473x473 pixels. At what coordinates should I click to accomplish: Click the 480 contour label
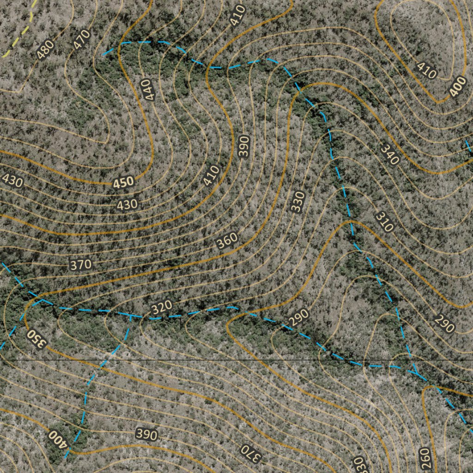coord(45,50)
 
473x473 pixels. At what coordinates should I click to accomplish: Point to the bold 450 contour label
coord(124,182)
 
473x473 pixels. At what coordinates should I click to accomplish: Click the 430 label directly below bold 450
coord(127,204)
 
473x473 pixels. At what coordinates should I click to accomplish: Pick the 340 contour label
coord(389,154)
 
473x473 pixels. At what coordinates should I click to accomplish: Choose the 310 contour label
coord(384,222)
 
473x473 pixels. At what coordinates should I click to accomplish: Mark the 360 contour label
coord(227,241)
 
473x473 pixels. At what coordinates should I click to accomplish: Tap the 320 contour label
coord(162,306)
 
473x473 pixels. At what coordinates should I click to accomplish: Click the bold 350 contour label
coord(36,339)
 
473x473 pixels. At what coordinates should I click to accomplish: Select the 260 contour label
coord(424,457)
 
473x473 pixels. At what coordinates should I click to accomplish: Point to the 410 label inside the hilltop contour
coord(426,70)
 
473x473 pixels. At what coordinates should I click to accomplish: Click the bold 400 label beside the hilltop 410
coord(457,89)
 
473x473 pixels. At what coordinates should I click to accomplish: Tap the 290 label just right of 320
coord(298,318)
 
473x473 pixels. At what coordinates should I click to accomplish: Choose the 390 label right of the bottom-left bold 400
coord(146,434)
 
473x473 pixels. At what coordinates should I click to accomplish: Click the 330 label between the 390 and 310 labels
coord(298,202)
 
